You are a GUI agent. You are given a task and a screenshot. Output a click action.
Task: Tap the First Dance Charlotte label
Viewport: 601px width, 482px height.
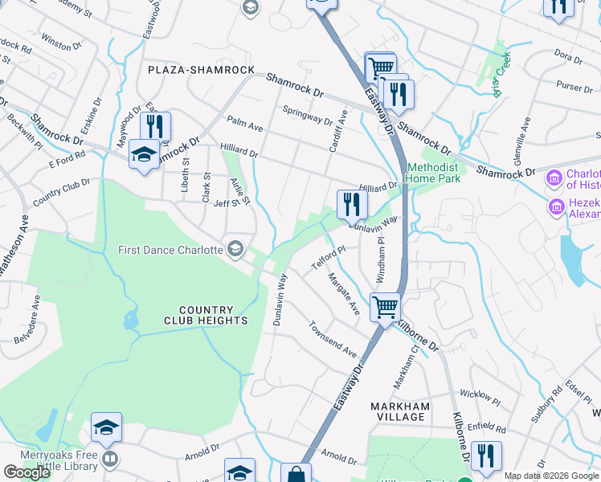coord(170,249)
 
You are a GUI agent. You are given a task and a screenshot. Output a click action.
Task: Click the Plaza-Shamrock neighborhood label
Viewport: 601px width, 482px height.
coord(201,70)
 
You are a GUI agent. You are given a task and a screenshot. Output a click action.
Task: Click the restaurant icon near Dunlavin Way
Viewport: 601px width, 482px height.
coord(351,206)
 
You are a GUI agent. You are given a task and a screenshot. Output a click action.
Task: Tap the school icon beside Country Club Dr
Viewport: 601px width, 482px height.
coord(144,155)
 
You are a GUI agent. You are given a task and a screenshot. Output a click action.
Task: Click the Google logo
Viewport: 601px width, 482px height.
coord(27,472)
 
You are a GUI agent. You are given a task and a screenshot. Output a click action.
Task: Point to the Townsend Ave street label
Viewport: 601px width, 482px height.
coord(332,340)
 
